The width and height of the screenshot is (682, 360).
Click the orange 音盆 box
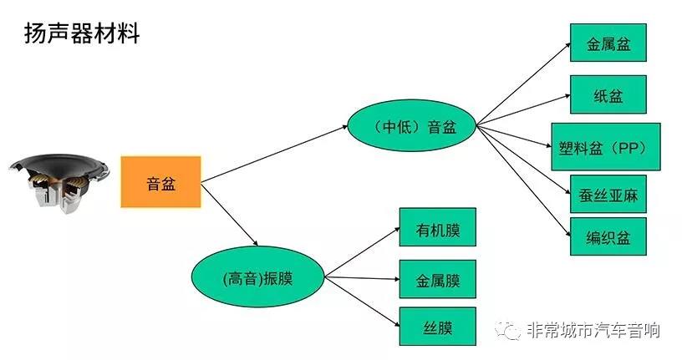point(161,182)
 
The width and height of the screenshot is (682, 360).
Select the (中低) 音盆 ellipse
point(412,126)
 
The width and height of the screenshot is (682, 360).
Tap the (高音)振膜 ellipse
point(258,277)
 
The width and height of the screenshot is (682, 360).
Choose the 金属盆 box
point(608,43)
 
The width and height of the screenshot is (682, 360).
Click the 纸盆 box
point(608,94)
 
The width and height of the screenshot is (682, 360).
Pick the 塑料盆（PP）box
point(606,146)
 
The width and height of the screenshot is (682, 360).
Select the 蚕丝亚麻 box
point(608,194)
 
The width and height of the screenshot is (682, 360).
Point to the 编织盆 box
point(608,236)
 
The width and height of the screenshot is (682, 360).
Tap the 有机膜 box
point(438,227)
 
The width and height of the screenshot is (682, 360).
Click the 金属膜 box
point(438,279)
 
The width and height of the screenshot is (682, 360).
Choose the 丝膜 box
point(438,327)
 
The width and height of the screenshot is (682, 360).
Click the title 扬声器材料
point(82,33)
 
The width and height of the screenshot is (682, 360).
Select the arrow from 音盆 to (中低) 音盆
point(274,154)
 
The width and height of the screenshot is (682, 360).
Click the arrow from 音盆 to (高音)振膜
point(230,215)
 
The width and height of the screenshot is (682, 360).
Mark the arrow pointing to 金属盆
point(524,84)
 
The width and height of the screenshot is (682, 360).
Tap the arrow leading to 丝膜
point(363,302)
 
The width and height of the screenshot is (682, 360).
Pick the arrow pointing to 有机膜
point(363,252)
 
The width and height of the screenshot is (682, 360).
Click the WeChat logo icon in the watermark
point(507,331)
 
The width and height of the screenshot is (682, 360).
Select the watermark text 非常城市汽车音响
point(593,331)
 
